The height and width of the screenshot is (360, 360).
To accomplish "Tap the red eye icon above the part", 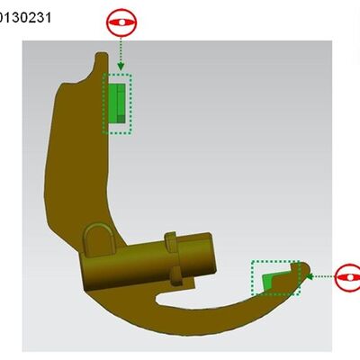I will (x=120, y=23).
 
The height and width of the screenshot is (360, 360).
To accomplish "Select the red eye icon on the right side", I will (x=348, y=277).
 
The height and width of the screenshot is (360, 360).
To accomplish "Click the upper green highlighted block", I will (x=117, y=103).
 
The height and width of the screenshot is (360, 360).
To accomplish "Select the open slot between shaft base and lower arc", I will (x=171, y=293).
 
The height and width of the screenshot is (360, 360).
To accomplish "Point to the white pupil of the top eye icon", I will (x=120, y=22).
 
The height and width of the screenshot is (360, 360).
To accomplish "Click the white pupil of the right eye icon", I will (x=348, y=277).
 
